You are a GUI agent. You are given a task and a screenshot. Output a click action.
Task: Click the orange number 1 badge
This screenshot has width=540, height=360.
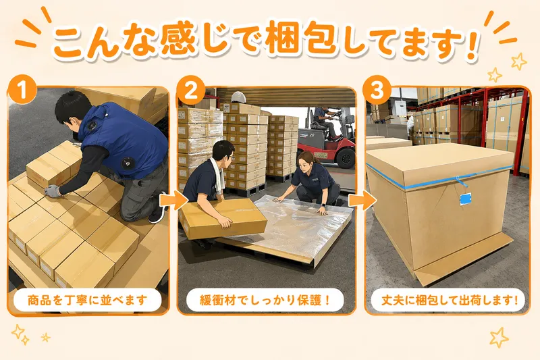[x=22, y=91]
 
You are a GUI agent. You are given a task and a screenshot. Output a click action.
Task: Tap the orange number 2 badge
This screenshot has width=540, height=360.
[x=191, y=91]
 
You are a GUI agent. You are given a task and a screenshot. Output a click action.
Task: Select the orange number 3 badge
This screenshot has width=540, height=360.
[x=378, y=91]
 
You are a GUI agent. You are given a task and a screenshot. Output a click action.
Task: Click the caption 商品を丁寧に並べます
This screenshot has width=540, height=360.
[x=88, y=300]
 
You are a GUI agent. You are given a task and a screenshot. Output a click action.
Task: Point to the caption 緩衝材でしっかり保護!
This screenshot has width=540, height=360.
[x=265, y=300]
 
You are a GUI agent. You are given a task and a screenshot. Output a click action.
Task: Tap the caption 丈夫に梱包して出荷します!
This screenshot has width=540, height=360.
[x=450, y=300]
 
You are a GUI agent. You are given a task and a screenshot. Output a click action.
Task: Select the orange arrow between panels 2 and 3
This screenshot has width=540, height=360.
[x=362, y=201]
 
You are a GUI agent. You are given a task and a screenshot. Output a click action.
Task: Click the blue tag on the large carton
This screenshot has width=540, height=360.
[x=466, y=199]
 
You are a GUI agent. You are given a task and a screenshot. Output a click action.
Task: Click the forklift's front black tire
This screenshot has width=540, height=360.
[x=346, y=158]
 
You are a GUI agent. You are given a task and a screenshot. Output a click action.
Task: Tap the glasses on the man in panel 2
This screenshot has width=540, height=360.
[x=231, y=157]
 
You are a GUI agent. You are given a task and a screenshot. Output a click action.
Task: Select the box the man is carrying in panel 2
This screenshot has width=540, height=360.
[x=223, y=218]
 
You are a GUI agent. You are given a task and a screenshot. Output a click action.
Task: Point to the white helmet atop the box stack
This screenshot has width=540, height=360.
[x=238, y=97]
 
